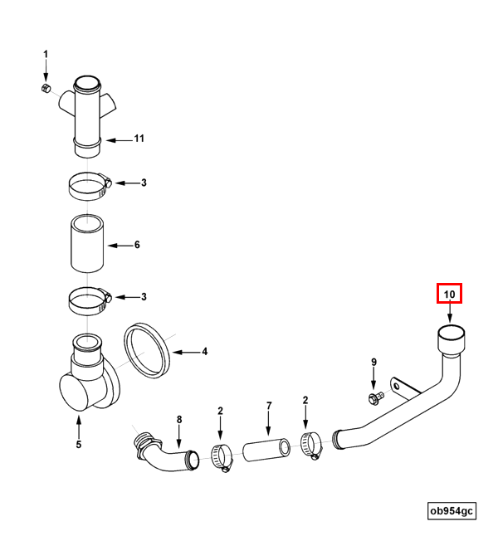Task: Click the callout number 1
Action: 46,55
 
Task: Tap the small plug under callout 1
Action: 46,88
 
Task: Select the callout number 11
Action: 139,139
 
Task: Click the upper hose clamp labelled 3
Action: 90,187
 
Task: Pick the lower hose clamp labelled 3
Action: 90,301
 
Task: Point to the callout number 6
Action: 137,245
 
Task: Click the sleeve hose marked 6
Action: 87,243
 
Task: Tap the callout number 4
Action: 204,352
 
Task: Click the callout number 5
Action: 79,445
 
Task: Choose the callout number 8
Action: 179,420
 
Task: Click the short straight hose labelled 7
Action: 266,451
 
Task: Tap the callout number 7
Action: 269,406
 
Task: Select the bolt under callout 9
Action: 376,398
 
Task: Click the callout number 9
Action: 373,362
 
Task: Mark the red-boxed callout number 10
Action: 449,295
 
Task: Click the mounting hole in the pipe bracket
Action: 397,387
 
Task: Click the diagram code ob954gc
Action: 452,511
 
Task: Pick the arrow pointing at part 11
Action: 119,140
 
